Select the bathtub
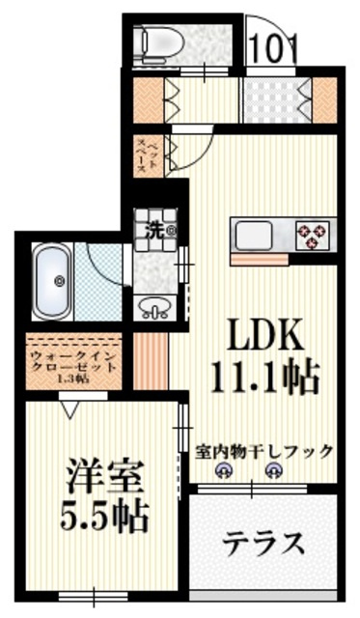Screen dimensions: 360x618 coord(59,280)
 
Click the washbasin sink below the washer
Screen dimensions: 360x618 coord(153,308)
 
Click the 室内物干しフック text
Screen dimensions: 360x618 coord(263,451)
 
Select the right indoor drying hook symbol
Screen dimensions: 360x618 coord(274,471)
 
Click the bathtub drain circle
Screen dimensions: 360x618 coord(59,282)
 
